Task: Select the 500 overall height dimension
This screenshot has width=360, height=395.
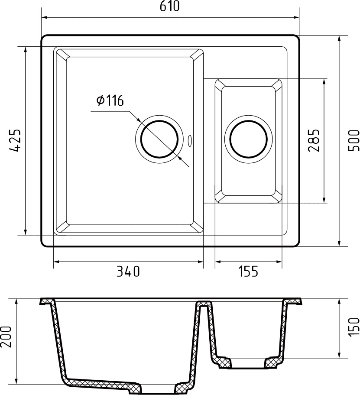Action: pyautogui.click(x=354, y=140)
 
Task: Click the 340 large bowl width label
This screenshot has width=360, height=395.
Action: pyautogui.click(x=128, y=272)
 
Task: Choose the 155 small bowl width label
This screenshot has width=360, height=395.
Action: pyautogui.click(x=248, y=272)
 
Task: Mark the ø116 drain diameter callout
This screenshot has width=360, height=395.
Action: pyautogui.click(x=110, y=101)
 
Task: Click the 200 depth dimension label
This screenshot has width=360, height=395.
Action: pyautogui.click(x=6, y=337)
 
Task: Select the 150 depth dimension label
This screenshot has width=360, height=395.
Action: pyautogui.click(x=354, y=327)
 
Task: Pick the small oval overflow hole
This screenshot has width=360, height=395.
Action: pyautogui.click(x=190, y=140)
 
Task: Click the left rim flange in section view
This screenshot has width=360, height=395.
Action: pyautogui.click(x=46, y=301)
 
